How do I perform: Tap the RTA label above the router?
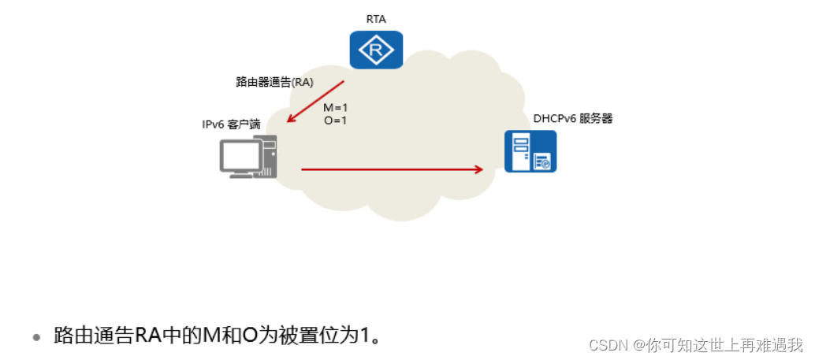[375, 18]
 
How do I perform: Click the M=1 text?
[335, 107]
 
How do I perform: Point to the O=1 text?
[335, 121]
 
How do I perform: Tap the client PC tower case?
[268, 157]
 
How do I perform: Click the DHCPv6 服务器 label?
[572, 118]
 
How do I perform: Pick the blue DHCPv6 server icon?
[530, 151]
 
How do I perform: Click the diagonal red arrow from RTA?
[316, 101]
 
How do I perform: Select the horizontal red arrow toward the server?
[390, 169]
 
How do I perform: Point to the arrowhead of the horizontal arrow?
[478, 169]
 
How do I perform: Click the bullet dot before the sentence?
[35, 337]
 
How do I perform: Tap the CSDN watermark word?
[606, 345]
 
